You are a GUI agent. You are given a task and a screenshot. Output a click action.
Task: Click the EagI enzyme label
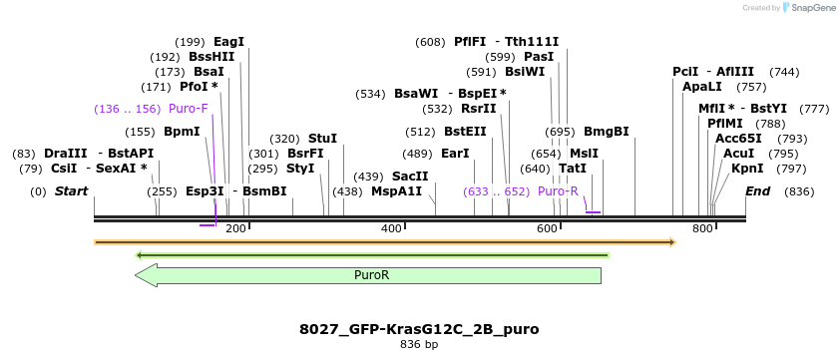(228, 42)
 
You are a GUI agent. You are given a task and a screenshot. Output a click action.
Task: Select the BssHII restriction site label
(211, 57)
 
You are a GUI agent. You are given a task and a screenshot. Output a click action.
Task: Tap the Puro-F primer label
(189, 109)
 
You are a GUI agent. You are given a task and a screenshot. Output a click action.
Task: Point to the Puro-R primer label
(558, 190)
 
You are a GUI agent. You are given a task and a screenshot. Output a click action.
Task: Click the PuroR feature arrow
(369, 275)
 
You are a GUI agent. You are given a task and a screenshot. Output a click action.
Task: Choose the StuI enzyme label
(322, 139)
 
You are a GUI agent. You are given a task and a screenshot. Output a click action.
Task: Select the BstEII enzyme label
(465, 132)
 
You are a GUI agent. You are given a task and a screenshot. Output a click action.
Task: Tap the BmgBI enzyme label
(606, 132)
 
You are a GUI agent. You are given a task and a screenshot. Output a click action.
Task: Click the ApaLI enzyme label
(701, 87)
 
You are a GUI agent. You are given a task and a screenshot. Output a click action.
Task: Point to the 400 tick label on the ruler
(392, 229)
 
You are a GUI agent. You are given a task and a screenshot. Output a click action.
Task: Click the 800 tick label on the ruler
(702, 229)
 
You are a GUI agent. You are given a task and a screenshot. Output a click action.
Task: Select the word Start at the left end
(71, 190)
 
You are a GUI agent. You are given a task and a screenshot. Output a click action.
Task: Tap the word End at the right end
(758, 190)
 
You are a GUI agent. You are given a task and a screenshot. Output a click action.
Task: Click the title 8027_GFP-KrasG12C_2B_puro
(419, 329)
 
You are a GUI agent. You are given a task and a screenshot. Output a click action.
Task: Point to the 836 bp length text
(419, 345)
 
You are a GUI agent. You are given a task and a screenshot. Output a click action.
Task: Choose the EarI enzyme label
(455, 154)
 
